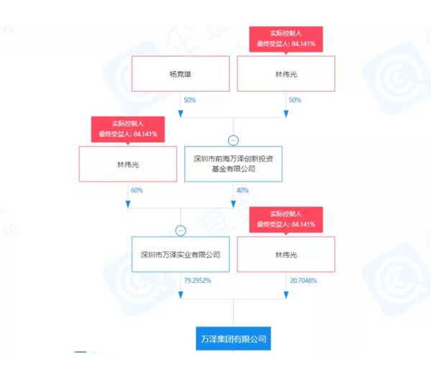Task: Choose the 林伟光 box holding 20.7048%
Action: click(x=285, y=253)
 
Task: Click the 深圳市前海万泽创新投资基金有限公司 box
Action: click(x=233, y=163)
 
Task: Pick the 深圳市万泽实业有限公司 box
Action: click(x=180, y=253)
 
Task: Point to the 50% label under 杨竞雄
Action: click(x=190, y=100)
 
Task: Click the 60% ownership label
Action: click(x=137, y=190)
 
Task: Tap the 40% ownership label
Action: click(x=242, y=190)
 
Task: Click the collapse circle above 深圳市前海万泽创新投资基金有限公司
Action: click(x=233, y=140)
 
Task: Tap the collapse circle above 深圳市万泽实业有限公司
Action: click(x=180, y=231)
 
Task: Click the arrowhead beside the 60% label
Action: click(x=128, y=203)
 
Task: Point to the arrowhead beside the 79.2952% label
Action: click(x=180, y=294)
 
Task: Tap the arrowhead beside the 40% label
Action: click(x=233, y=203)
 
